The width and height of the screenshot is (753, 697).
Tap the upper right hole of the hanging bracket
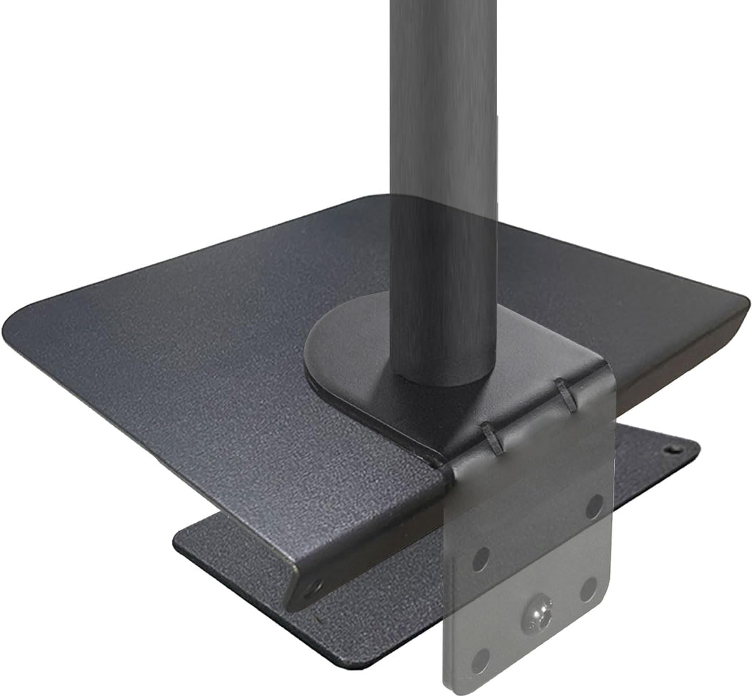pos(595,505)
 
